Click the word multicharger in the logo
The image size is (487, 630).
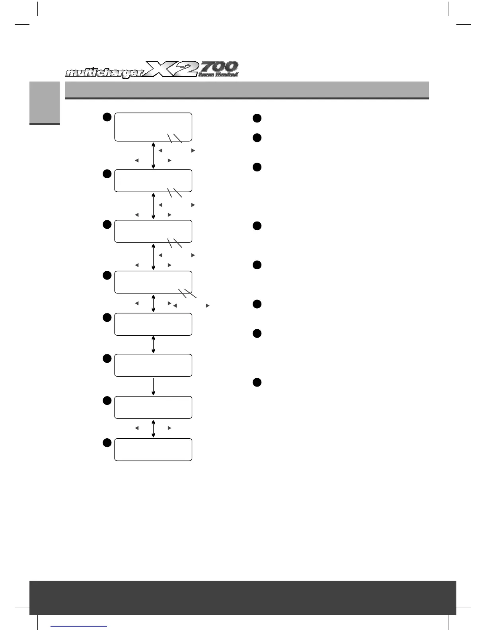pyautogui.click(x=106, y=74)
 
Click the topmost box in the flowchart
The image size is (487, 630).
pyautogui.click(x=153, y=127)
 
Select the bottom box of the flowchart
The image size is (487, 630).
pyautogui.click(x=153, y=449)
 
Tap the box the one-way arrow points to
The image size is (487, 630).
pyautogui.click(x=153, y=407)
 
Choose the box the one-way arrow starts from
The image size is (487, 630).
pyautogui.click(x=153, y=365)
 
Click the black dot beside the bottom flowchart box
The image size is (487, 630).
pyautogui.click(x=106, y=443)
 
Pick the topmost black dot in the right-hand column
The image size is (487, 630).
pyautogui.click(x=257, y=118)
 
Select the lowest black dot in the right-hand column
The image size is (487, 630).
pyautogui.click(x=257, y=383)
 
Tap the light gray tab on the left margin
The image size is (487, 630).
pyautogui.click(x=44, y=103)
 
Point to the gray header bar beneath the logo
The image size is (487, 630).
pyautogui.click(x=247, y=90)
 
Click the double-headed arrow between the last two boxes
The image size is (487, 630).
pyautogui.click(x=153, y=428)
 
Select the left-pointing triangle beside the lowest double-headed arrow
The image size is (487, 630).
pyautogui.click(x=136, y=428)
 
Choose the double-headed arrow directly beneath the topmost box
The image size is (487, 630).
pyautogui.click(x=153, y=155)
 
